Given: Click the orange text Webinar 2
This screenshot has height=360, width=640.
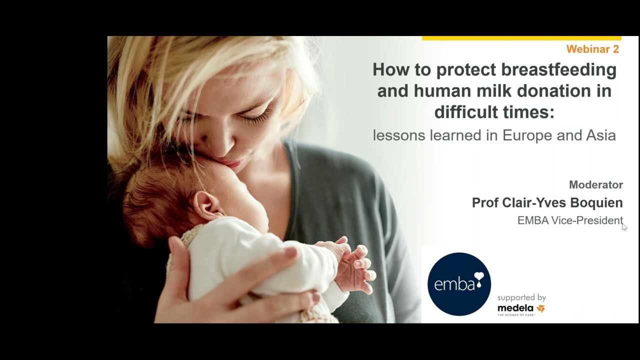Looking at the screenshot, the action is click(592, 49).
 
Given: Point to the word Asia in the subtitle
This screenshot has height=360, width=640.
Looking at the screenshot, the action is click(601, 135).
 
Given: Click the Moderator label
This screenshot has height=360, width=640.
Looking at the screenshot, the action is click(596, 185).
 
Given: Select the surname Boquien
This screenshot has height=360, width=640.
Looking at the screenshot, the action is click(596, 203).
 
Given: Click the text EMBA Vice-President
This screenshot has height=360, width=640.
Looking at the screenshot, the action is click(570, 220).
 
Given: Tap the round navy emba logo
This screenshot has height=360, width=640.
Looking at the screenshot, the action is click(459, 284).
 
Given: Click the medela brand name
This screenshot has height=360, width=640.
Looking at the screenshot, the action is click(515, 308).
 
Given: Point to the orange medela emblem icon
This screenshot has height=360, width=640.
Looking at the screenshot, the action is click(540, 308).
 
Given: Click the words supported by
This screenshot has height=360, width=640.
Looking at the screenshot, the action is click(521, 298).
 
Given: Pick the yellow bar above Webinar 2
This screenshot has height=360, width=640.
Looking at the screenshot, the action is click(521, 38).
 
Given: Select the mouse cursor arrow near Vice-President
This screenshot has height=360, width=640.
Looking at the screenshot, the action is click(624, 227).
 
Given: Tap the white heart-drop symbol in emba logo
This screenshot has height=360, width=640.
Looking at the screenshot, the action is click(479, 279).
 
